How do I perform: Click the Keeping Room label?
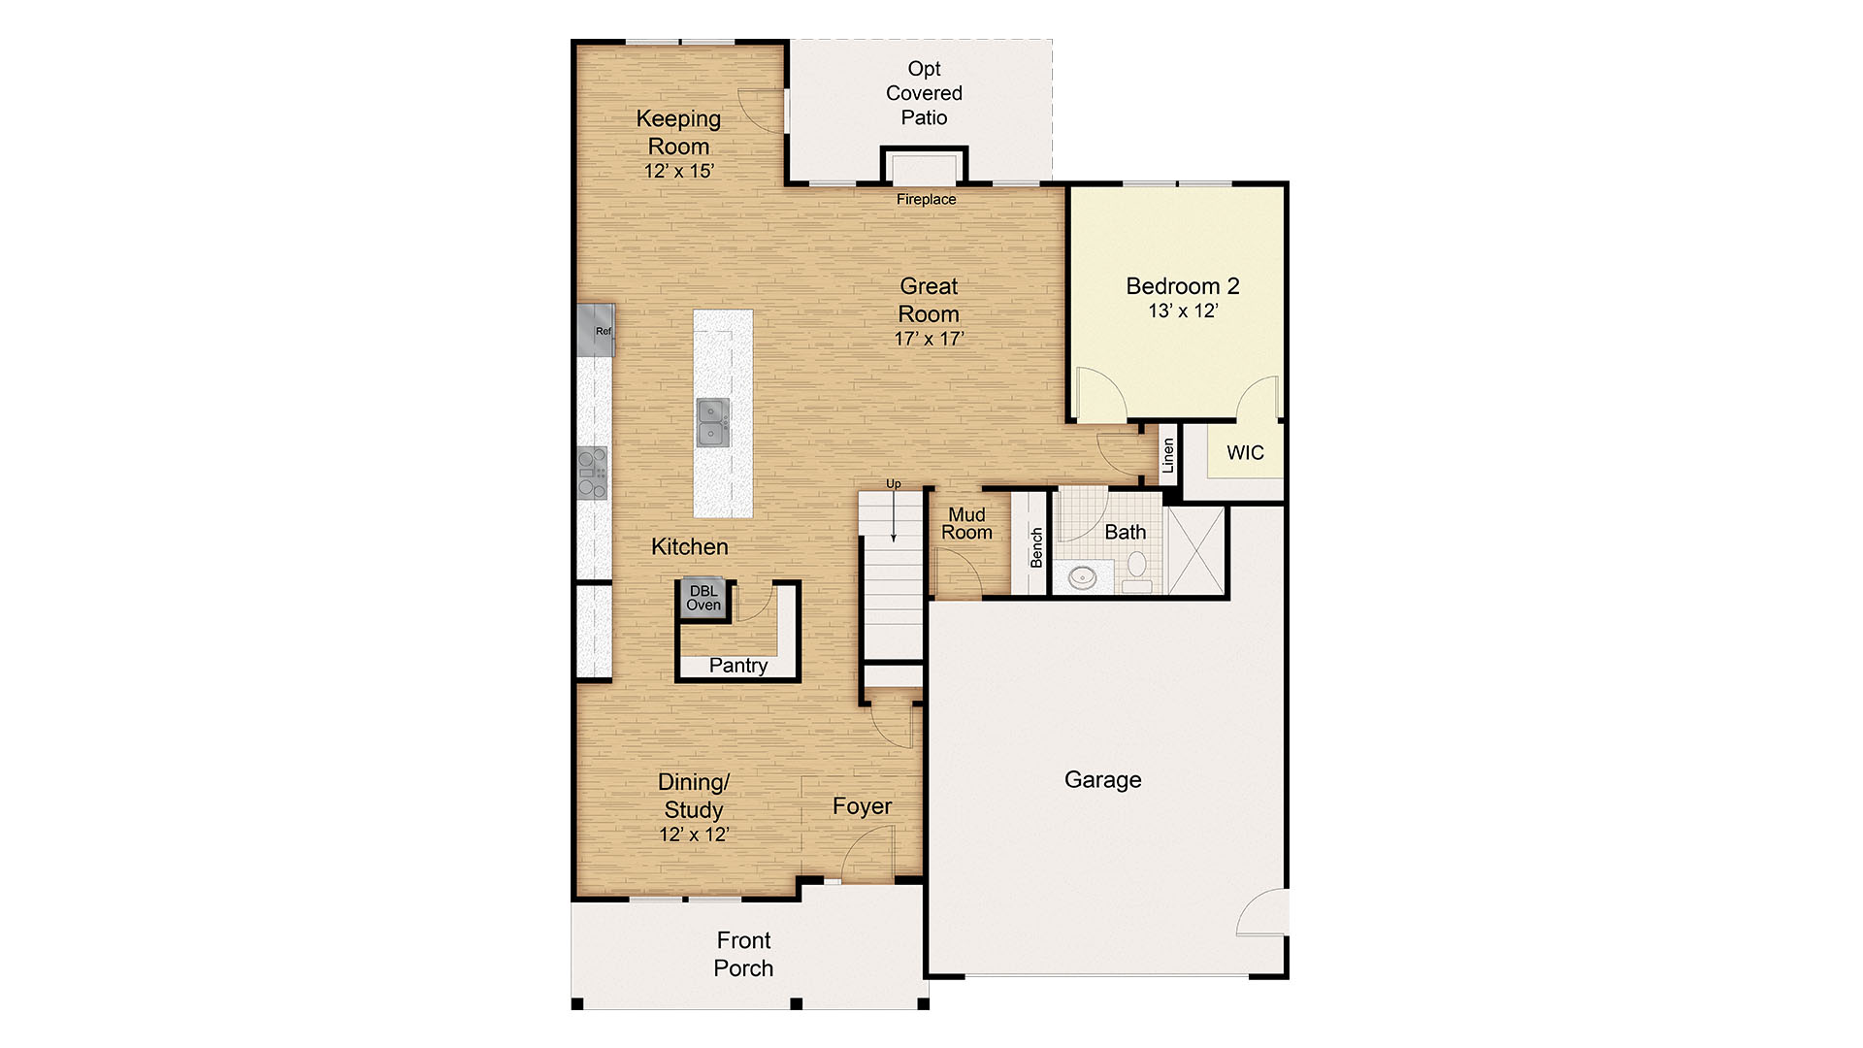(x=678, y=132)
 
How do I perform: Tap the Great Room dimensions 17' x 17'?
(x=930, y=339)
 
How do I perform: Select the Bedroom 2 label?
(x=1183, y=286)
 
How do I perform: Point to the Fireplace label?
(x=926, y=199)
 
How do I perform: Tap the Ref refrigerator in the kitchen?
(x=596, y=329)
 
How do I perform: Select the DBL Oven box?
(x=703, y=599)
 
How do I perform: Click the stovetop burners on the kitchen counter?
(x=592, y=473)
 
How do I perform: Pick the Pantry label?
(x=738, y=666)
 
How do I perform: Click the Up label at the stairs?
(x=893, y=483)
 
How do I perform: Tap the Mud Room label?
(x=966, y=523)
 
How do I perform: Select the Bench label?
(x=1036, y=547)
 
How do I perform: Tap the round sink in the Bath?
(x=1082, y=577)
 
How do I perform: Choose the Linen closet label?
(x=1168, y=455)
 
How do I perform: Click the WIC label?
(x=1245, y=452)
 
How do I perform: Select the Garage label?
(x=1102, y=780)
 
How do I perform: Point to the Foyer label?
(x=862, y=806)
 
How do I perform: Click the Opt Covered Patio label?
(x=924, y=93)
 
